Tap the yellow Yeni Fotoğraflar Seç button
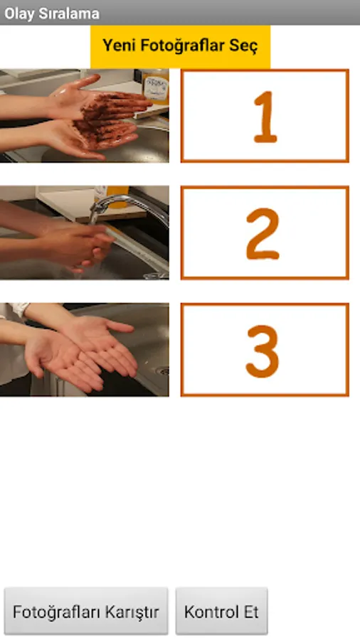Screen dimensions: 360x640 coord(180,46)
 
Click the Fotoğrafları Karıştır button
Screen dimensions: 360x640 coord(85,611)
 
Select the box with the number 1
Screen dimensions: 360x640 coord(265,116)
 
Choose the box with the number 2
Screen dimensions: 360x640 coord(265,233)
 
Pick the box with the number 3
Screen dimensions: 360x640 coord(265,349)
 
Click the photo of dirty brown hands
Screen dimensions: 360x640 coord(84,116)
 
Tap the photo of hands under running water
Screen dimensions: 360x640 coord(84,233)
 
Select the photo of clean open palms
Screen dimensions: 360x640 coord(84,349)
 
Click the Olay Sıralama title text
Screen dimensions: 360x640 coord(52,14)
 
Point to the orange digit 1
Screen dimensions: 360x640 coord(265,117)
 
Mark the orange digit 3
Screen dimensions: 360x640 coord(263,351)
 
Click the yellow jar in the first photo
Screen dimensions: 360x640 coord(156,87)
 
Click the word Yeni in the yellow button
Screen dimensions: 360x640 coord(119,46)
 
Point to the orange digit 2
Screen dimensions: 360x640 coord(263,234)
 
